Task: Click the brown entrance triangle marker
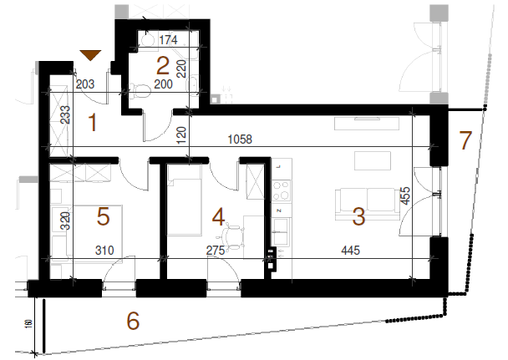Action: [91, 55]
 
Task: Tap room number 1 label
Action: [93, 123]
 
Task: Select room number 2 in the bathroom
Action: [163, 66]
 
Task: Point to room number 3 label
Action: [359, 216]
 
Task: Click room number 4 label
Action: [218, 216]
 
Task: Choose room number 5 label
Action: [103, 216]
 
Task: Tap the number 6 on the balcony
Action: [133, 321]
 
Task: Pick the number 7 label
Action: [465, 140]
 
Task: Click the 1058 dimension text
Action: [240, 139]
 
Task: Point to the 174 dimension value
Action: [169, 40]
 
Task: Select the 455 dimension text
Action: [405, 195]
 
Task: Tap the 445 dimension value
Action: [351, 250]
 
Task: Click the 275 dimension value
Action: [216, 250]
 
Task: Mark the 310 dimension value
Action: [104, 250]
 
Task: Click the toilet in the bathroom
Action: [140, 91]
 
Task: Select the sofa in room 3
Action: [368, 205]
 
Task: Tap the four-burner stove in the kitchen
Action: [282, 191]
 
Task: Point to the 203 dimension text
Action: [85, 84]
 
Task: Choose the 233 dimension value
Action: [65, 115]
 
